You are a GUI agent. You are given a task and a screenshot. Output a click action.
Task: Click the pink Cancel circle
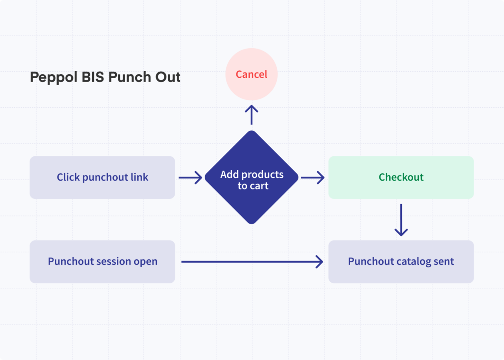click(251, 74)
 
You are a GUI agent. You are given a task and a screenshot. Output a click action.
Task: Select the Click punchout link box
click(102, 177)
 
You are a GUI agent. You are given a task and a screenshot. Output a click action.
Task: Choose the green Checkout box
click(401, 177)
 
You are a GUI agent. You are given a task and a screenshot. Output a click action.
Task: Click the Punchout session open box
click(102, 261)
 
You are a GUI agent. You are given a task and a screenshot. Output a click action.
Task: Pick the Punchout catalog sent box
click(401, 261)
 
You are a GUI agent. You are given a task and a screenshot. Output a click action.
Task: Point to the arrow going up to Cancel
click(251, 114)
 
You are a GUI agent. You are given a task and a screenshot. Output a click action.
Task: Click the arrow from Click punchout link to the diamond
click(190, 177)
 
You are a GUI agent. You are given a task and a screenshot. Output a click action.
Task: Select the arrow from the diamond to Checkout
click(312, 177)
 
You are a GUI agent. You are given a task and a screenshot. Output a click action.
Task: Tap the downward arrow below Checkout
click(401, 220)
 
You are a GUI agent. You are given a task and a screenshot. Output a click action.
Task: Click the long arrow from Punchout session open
click(252, 261)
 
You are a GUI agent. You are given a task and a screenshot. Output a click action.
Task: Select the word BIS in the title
click(93, 77)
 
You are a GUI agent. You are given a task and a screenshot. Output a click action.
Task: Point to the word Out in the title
click(168, 77)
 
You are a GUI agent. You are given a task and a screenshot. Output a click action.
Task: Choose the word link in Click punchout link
click(139, 177)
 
